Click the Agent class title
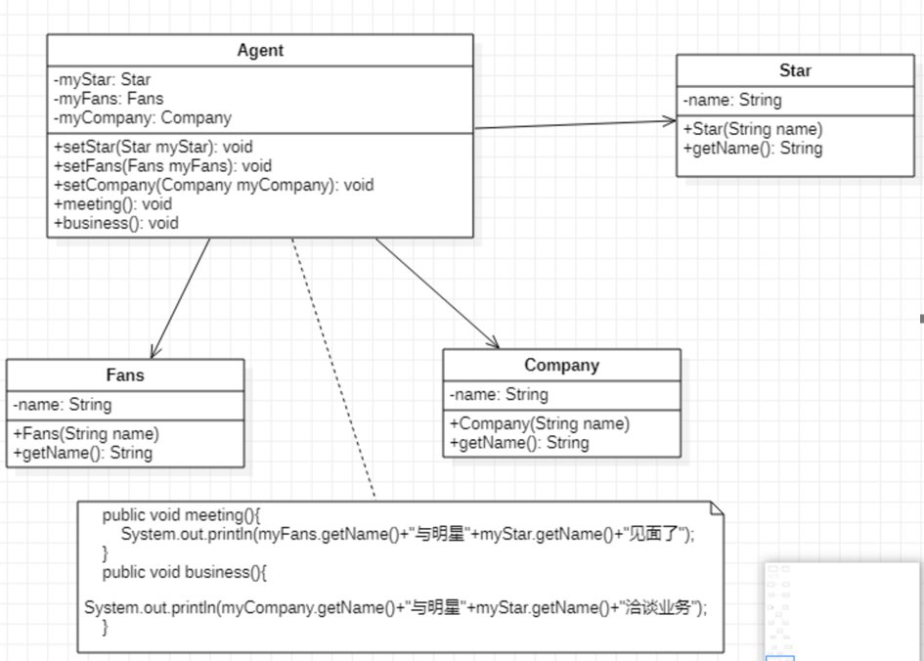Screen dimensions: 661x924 [260, 50]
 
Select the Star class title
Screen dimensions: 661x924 [795, 70]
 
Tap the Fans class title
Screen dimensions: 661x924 [125, 375]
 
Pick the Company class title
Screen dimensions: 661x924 [561, 365]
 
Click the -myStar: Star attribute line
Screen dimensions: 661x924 [103, 79]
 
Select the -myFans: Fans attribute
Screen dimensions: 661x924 [109, 98]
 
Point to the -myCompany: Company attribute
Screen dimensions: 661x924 [143, 117]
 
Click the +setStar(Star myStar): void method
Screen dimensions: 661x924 [153, 147]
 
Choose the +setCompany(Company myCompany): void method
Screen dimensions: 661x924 [213, 185]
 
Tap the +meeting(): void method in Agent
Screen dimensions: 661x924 [112, 203]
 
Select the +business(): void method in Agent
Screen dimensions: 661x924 [116, 223]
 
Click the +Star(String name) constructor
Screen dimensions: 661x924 [753, 129]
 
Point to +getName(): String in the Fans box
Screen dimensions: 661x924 [83, 453]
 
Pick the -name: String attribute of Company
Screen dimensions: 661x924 [499, 395]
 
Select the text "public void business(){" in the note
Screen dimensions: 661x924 [184, 572]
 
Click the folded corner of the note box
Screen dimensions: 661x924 [717, 507]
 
